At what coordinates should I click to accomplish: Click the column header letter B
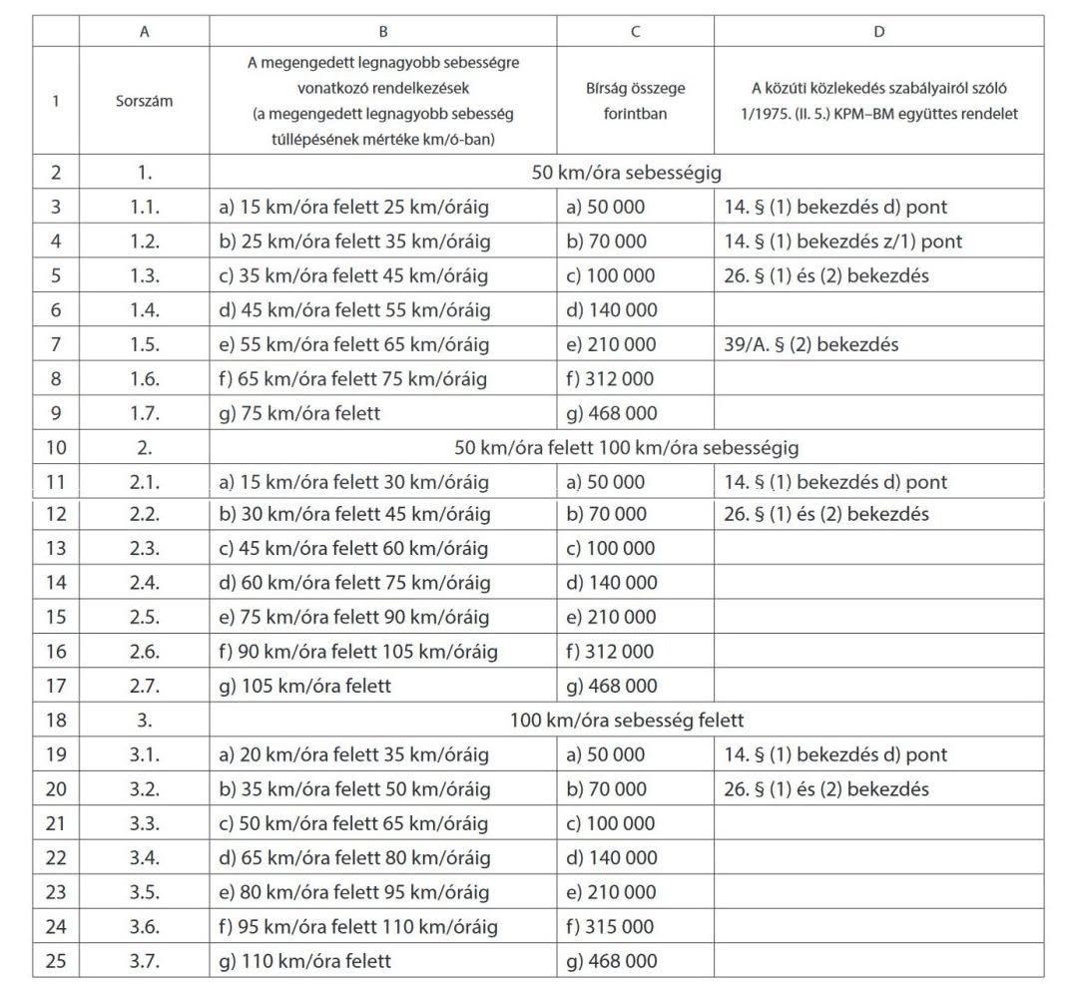tap(383, 32)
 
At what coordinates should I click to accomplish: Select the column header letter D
tap(878, 32)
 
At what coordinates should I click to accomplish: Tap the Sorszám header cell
tap(145, 101)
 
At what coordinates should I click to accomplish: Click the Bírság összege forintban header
tap(635, 101)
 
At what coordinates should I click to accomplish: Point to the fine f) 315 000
tap(611, 927)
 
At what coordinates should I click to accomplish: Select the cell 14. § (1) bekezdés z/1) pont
tap(842, 242)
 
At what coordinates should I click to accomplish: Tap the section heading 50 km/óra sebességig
tap(627, 173)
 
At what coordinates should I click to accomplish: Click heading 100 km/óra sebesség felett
tap(627, 720)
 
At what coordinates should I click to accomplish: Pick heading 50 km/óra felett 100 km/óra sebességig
tap(627, 447)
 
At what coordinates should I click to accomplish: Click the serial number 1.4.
tap(145, 310)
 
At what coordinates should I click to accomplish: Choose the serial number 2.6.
tap(145, 652)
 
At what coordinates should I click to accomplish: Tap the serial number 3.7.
tap(145, 961)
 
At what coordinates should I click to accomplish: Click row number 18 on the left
tap(56, 720)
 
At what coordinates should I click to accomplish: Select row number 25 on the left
tap(56, 961)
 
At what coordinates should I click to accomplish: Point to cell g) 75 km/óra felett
tap(299, 412)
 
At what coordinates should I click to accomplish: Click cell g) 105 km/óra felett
tap(304, 686)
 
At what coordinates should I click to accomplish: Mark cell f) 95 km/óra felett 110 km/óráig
tap(357, 927)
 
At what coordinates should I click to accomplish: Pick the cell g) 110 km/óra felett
tap(304, 961)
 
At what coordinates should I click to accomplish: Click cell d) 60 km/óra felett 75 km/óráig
tap(354, 583)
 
